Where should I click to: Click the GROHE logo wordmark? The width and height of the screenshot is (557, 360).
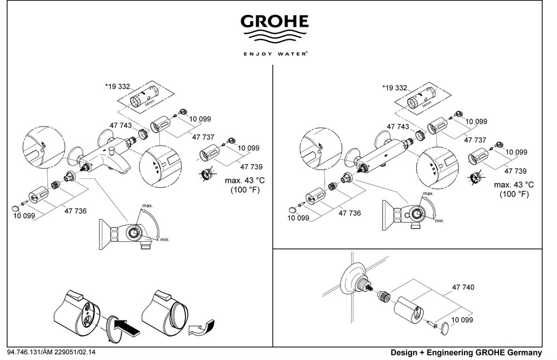click(274, 22)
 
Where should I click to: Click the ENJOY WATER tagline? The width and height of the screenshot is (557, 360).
click(275, 55)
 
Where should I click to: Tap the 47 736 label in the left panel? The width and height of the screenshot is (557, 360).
click(76, 211)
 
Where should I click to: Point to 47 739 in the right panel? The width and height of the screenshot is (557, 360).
click(516, 172)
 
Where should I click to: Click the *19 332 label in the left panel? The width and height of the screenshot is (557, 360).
click(118, 87)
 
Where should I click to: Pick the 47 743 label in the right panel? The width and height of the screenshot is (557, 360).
click(397, 127)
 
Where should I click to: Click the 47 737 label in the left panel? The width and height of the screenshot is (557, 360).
click(204, 137)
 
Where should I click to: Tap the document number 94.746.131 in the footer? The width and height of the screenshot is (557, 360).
click(28, 353)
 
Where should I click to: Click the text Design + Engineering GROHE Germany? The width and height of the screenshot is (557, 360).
click(466, 353)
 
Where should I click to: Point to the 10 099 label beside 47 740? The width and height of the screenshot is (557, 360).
click(462, 320)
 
